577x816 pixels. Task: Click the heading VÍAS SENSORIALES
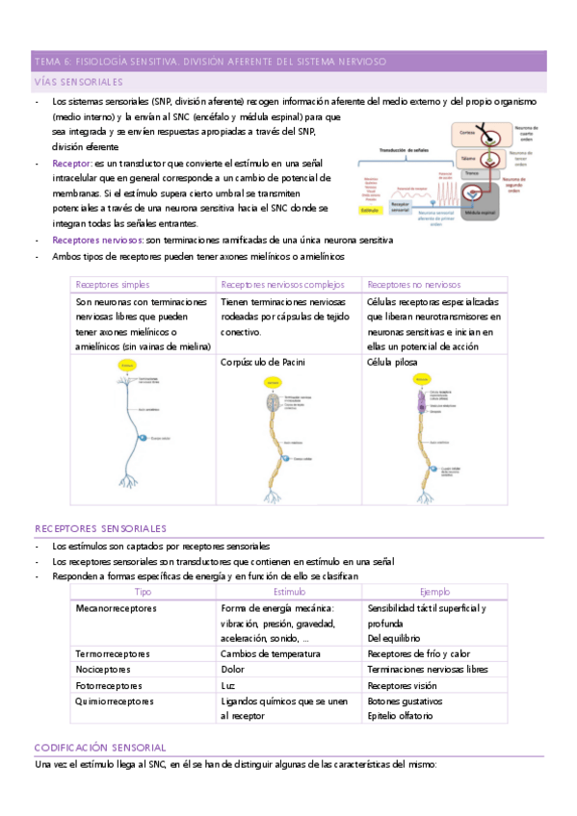[x=78, y=82]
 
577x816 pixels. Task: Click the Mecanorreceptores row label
[x=116, y=609]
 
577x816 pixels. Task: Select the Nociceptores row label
[x=101, y=669]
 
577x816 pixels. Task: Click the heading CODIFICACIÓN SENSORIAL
[x=100, y=747]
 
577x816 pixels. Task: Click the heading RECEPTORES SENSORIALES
[x=100, y=528]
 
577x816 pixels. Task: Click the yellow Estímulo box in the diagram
[x=371, y=208]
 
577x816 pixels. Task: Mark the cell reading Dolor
[x=232, y=669]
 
